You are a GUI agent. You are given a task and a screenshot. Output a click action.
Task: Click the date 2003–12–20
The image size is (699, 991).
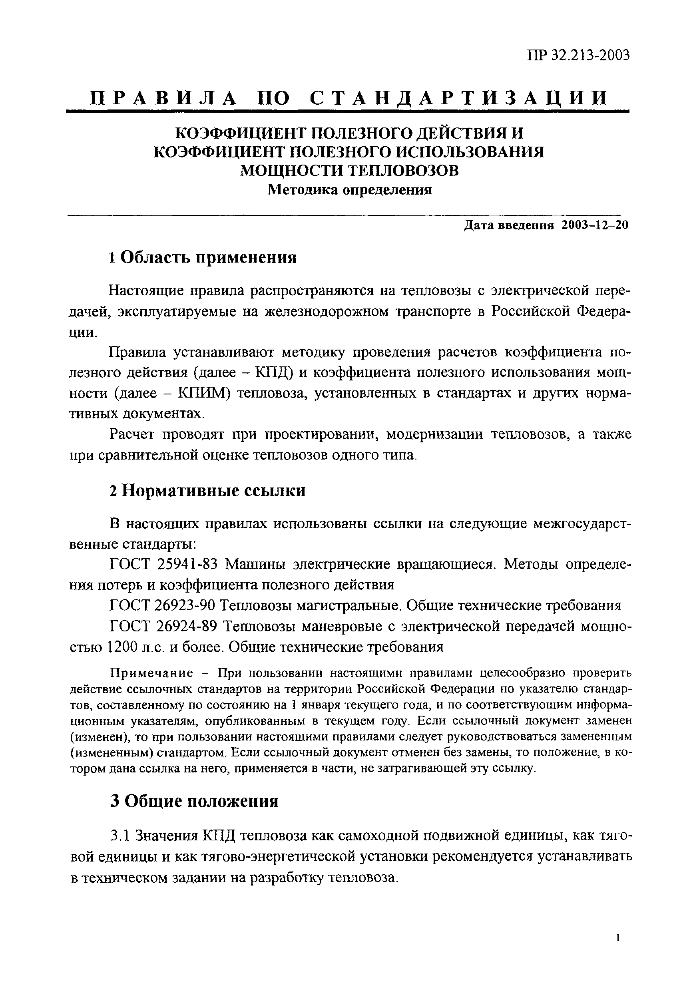(x=595, y=225)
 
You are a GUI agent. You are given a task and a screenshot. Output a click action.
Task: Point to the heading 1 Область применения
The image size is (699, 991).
(x=203, y=258)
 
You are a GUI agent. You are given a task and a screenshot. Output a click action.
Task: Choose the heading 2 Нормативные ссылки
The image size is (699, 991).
(x=207, y=491)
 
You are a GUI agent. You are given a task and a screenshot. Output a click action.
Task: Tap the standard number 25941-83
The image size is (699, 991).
(x=187, y=565)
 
